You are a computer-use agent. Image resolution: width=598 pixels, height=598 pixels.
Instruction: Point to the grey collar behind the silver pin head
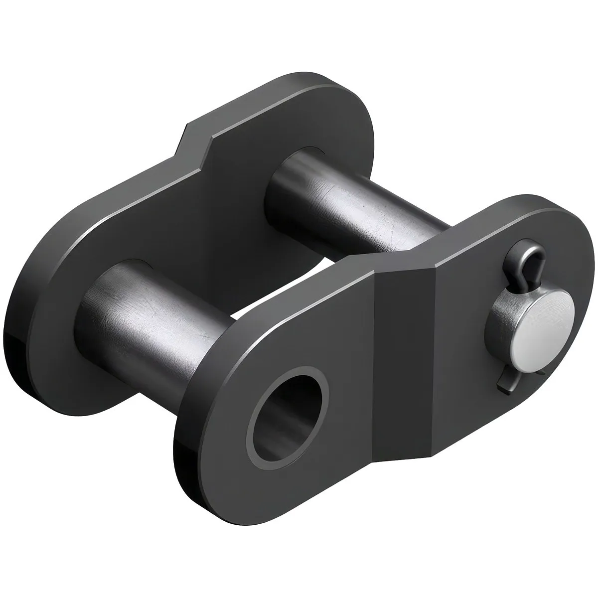[503, 319]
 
